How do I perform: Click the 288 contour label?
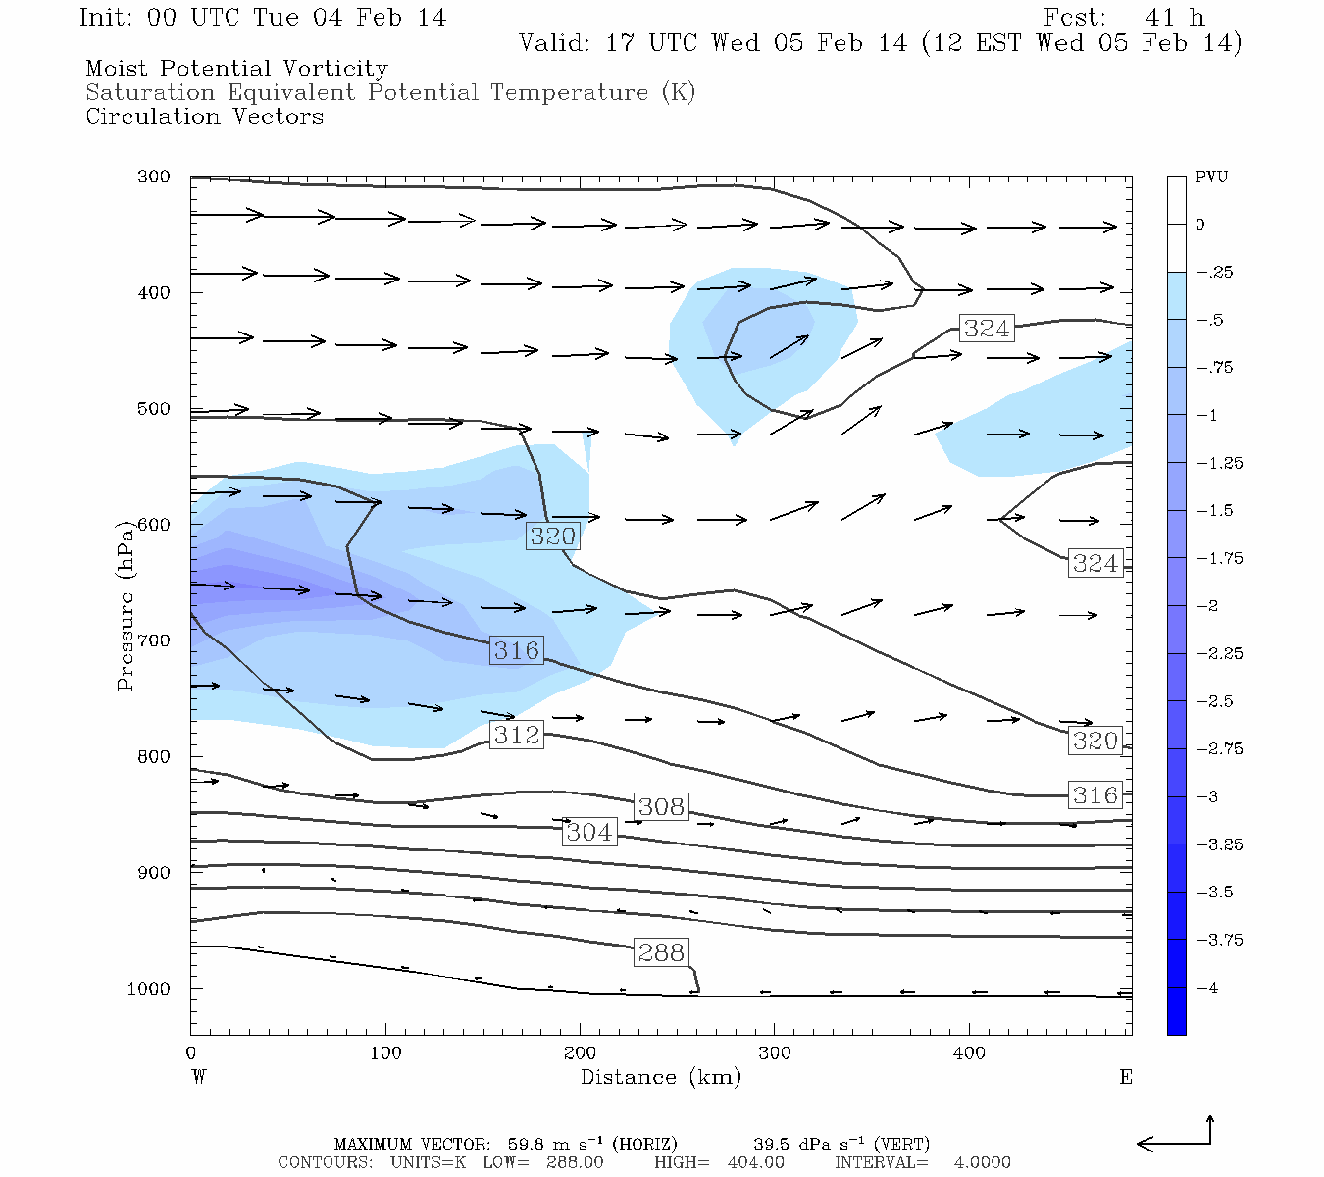pos(661,952)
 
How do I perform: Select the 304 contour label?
pos(589,832)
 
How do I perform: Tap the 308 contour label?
pos(661,806)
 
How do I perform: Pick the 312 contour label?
pos(517,734)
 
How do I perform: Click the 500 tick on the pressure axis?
pos(154,409)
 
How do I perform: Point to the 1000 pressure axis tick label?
pos(149,989)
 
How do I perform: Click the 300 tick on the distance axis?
pos(775,1053)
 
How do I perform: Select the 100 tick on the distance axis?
pos(385,1053)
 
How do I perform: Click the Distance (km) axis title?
pos(661,1077)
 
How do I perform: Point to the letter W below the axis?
pos(199,1077)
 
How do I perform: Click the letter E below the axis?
pos(1126,1077)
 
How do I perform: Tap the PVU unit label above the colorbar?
pos(1211,178)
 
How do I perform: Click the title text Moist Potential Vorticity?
pos(236,69)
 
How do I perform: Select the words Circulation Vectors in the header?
pos(204,117)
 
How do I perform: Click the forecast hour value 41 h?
pos(1175,18)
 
